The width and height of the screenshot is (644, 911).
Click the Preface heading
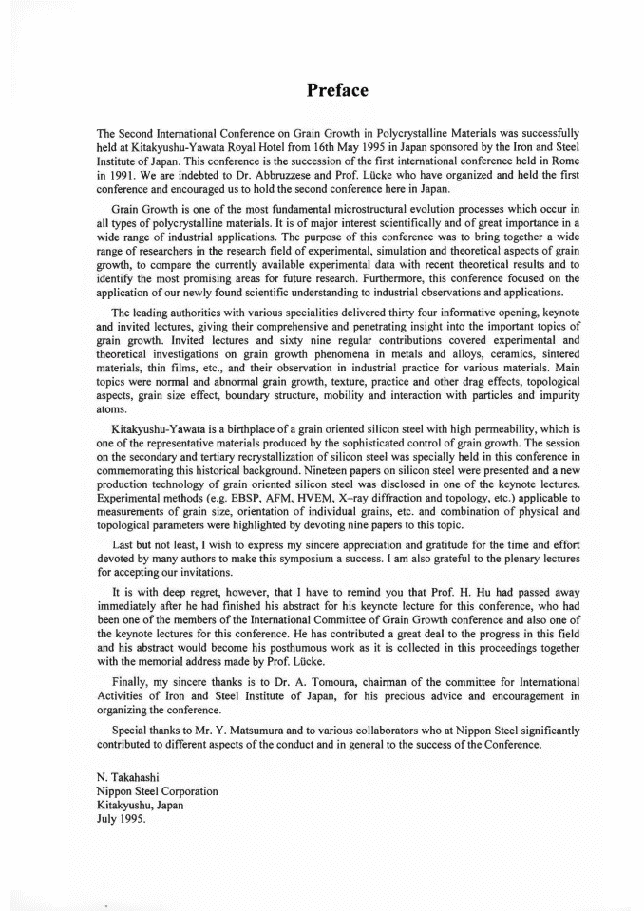point(337,90)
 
